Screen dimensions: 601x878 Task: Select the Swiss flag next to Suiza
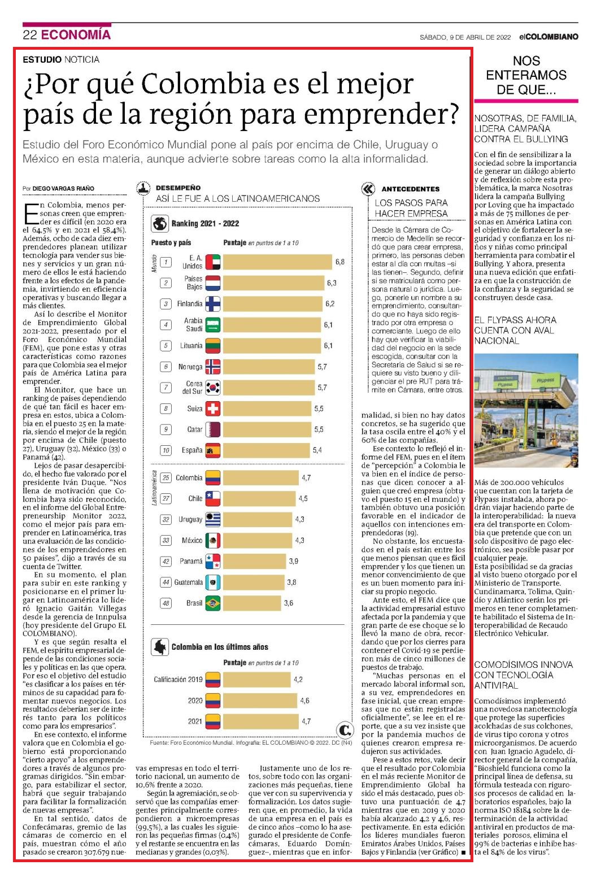(x=213, y=408)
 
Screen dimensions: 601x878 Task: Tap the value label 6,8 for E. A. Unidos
(x=339, y=262)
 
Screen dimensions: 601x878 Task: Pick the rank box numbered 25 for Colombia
(x=166, y=478)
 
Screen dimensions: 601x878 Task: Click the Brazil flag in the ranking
(x=213, y=603)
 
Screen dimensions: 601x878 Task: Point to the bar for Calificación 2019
(x=257, y=680)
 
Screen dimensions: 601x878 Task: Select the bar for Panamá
(x=255, y=561)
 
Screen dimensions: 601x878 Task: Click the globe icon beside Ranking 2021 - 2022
(x=160, y=223)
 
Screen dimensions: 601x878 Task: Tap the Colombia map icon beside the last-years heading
(x=160, y=647)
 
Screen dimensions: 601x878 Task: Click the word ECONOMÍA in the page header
(x=76, y=35)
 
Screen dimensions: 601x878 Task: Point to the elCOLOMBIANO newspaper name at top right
(x=548, y=37)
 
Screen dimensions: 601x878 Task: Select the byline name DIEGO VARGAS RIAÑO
(x=63, y=189)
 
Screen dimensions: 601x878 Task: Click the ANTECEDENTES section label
(x=411, y=189)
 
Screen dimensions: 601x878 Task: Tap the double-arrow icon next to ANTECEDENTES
(x=368, y=189)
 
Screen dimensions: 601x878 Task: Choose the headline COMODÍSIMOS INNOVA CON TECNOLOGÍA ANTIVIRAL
(x=524, y=675)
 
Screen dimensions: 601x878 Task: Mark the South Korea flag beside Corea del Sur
(x=213, y=388)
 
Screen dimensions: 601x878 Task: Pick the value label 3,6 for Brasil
(x=288, y=603)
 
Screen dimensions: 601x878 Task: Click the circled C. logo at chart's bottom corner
(x=345, y=729)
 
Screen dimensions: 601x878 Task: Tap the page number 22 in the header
(x=30, y=35)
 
